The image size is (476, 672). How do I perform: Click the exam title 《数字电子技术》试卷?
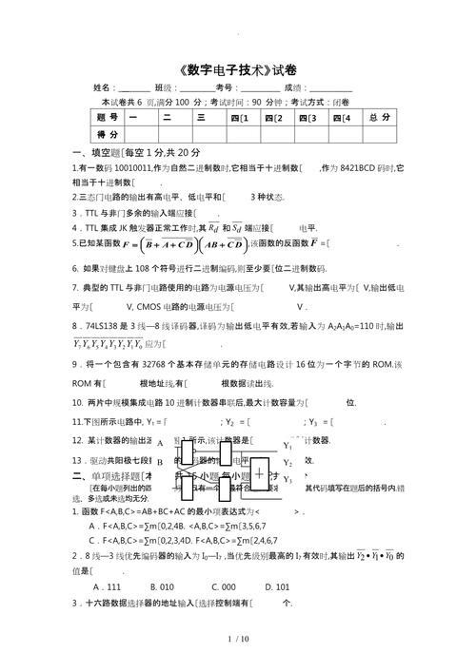coord(237,69)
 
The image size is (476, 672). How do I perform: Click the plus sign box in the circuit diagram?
coord(260,471)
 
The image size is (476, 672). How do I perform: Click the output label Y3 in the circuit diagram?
coord(288,480)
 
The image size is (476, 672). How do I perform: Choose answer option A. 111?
coord(101,586)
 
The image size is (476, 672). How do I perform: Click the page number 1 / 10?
coord(238,639)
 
